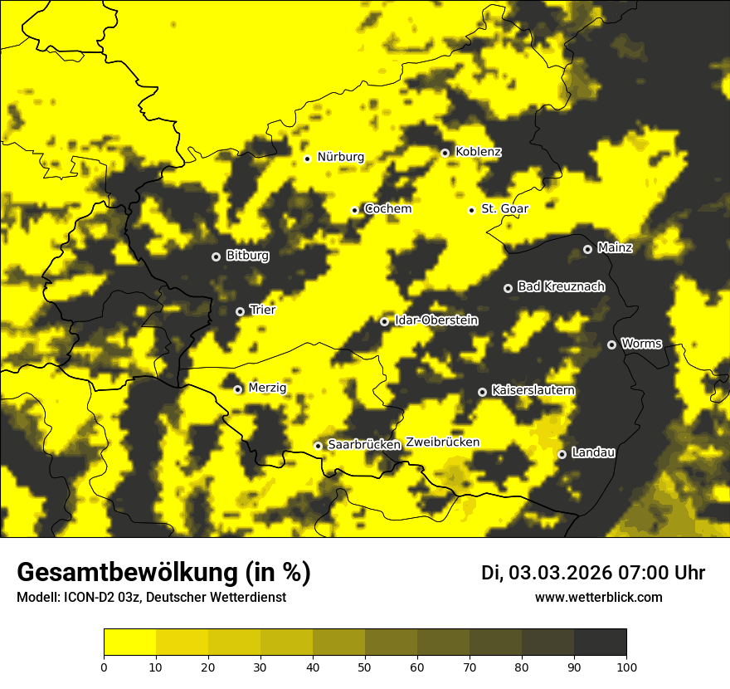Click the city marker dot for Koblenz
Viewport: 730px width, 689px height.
[445, 153]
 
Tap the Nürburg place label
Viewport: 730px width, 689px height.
[340, 157]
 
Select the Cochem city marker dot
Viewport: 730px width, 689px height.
[354, 210]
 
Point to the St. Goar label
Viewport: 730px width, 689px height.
[504, 209]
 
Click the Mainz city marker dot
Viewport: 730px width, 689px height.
[587, 249]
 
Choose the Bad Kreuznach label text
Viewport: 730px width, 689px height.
[561, 286]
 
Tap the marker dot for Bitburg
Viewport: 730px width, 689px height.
[216, 257]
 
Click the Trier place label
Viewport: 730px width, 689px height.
[262, 310]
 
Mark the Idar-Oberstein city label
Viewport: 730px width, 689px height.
[436, 320]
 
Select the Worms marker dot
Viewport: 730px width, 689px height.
[611, 344]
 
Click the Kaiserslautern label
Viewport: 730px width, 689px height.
[533, 390]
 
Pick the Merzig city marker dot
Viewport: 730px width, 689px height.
[237, 389]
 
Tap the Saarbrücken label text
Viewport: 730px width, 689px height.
[364, 445]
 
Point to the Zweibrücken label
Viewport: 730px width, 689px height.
[443, 442]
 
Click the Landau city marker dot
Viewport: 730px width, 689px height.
[562, 454]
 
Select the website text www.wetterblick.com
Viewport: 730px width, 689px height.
[598, 597]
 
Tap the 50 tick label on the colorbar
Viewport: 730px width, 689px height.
[365, 666]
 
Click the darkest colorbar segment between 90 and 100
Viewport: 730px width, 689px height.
[600, 643]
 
